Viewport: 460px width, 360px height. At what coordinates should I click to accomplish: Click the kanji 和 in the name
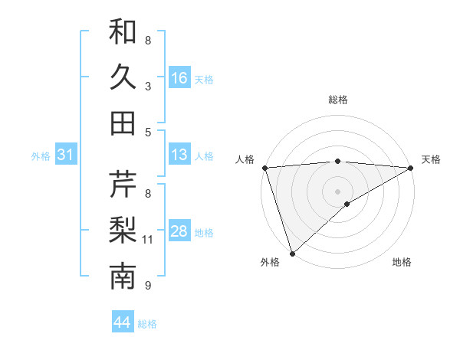pyautogui.click(x=123, y=31)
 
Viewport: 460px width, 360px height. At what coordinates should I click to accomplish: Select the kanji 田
pyautogui.click(x=123, y=122)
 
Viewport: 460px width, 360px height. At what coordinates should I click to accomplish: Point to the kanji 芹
pyautogui.click(x=123, y=184)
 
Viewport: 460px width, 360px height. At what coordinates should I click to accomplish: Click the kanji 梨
pyautogui.click(x=123, y=230)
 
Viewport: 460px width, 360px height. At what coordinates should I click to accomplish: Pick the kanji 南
pyautogui.click(x=123, y=277)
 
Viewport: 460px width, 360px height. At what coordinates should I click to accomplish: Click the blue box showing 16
pyautogui.click(x=179, y=77)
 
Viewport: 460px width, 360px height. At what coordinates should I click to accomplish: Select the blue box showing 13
pyautogui.click(x=179, y=155)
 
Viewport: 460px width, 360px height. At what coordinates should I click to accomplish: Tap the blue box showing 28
pyautogui.click(x=179, y=231)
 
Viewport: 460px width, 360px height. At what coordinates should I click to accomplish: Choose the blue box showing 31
pyautogui.click(x=66, y=155)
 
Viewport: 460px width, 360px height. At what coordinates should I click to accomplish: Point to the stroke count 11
pyautogui.click(x=148, y=240)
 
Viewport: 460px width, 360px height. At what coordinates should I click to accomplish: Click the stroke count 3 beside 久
pyautogui.click(x=148, y=86)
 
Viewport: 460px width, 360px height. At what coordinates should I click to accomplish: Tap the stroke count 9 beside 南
pyautogui.click(x=148, y=286)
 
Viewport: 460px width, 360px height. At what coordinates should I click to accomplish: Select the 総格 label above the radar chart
pyautogui.click(x=337, y=100)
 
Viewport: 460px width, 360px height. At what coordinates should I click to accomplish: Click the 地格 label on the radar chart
pyautogui.click(x=402, y=263)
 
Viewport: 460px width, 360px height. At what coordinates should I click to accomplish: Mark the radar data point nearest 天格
pyautogui.click(x=412, y=168)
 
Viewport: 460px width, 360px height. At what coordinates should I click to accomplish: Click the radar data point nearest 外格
pyautogui.click(x=292, y=253)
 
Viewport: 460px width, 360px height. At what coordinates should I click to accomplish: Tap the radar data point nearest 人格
pyautogui.click(x=264, y=168)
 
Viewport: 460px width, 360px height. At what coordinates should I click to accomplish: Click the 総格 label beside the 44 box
pyautogui.click(x=147, y=324)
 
